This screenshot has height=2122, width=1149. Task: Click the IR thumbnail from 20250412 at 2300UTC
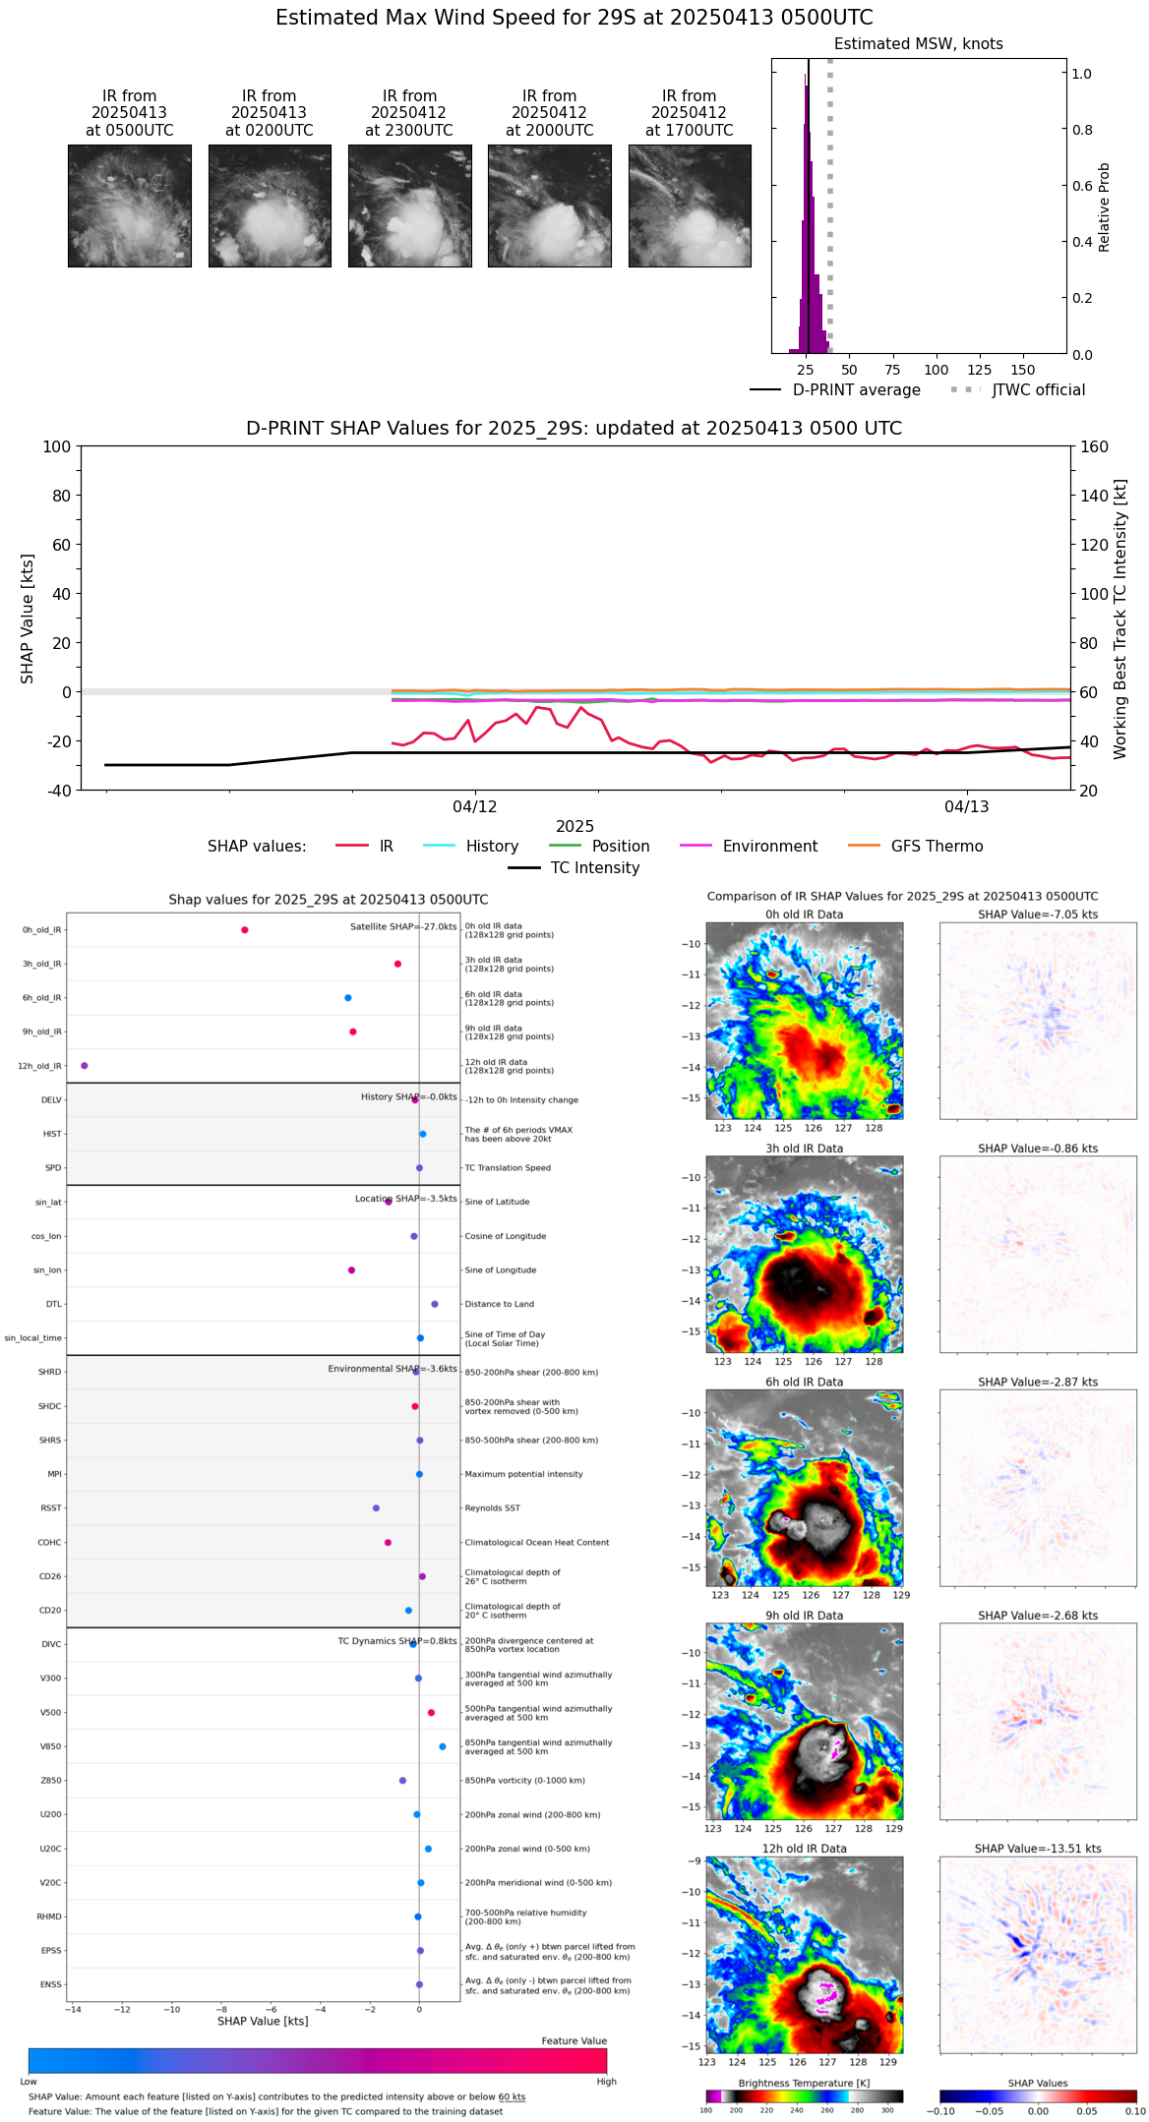409,206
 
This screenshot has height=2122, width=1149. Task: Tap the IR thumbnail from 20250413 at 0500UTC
130,206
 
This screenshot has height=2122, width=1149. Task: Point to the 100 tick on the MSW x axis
936,370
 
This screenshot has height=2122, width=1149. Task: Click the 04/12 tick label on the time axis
474,807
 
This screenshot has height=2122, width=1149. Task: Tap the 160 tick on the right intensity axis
1094,446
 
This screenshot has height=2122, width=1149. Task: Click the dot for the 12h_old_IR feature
85,1066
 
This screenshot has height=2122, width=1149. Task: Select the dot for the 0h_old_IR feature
245,930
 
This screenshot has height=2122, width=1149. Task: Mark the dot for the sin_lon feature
351,1270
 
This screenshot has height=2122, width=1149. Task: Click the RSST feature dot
376,1508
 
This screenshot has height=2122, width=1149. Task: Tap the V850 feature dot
443,1746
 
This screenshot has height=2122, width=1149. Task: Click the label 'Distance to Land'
499,1305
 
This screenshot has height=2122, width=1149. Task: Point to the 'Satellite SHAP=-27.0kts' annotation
403,927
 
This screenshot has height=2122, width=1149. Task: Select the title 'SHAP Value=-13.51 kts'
1038,1849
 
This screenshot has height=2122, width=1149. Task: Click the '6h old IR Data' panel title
804,1382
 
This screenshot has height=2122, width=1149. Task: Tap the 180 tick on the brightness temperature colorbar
706,2110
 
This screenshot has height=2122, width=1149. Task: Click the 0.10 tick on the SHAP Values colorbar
1136,2110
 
